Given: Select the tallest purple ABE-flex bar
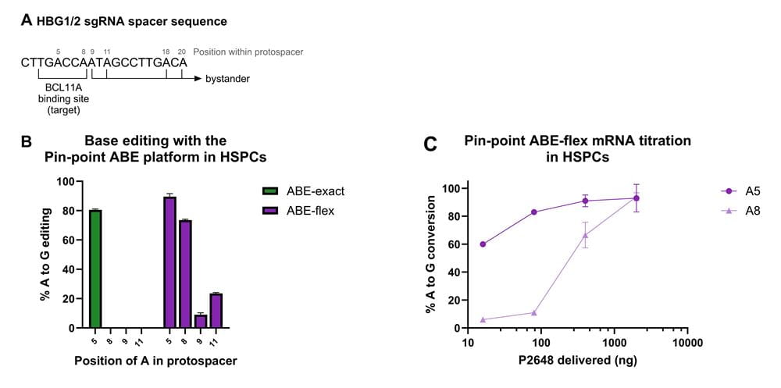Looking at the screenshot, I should click(169, 262).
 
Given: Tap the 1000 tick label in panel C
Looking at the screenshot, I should click(613, 343).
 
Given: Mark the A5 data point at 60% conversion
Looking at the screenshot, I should click(483, 244).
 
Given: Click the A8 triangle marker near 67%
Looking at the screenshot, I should click(586, 234).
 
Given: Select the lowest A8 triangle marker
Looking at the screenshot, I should click(483, 319).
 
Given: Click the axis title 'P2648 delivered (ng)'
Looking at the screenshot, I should click(576, 361).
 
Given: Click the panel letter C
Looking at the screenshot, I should click(429, 144).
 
